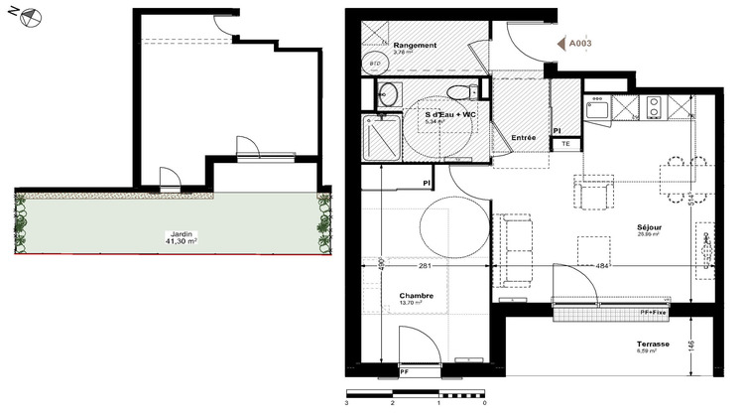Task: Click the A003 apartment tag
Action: (x=578, y=44)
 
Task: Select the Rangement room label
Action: (x=416, y=47)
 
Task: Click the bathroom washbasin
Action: (x=387, y=94)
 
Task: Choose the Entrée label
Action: (x=524, y=137)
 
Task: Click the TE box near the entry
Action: (x=565, y=144)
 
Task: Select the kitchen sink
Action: (x=597, y=109)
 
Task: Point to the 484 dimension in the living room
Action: (x=602, y=265)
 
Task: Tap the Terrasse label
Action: (x=654, y=345)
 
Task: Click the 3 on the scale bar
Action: (x=347, y=405)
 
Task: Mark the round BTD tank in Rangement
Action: (x=376, y=64)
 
